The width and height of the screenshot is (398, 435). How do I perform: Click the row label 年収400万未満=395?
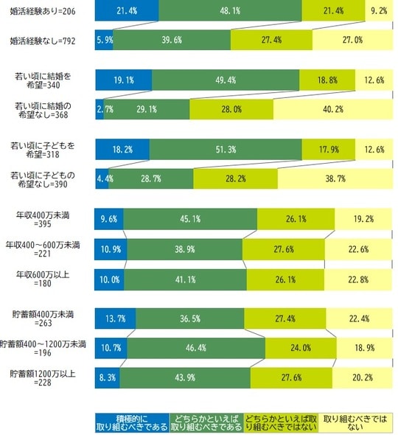pyautogui.click(x=49, y=218)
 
